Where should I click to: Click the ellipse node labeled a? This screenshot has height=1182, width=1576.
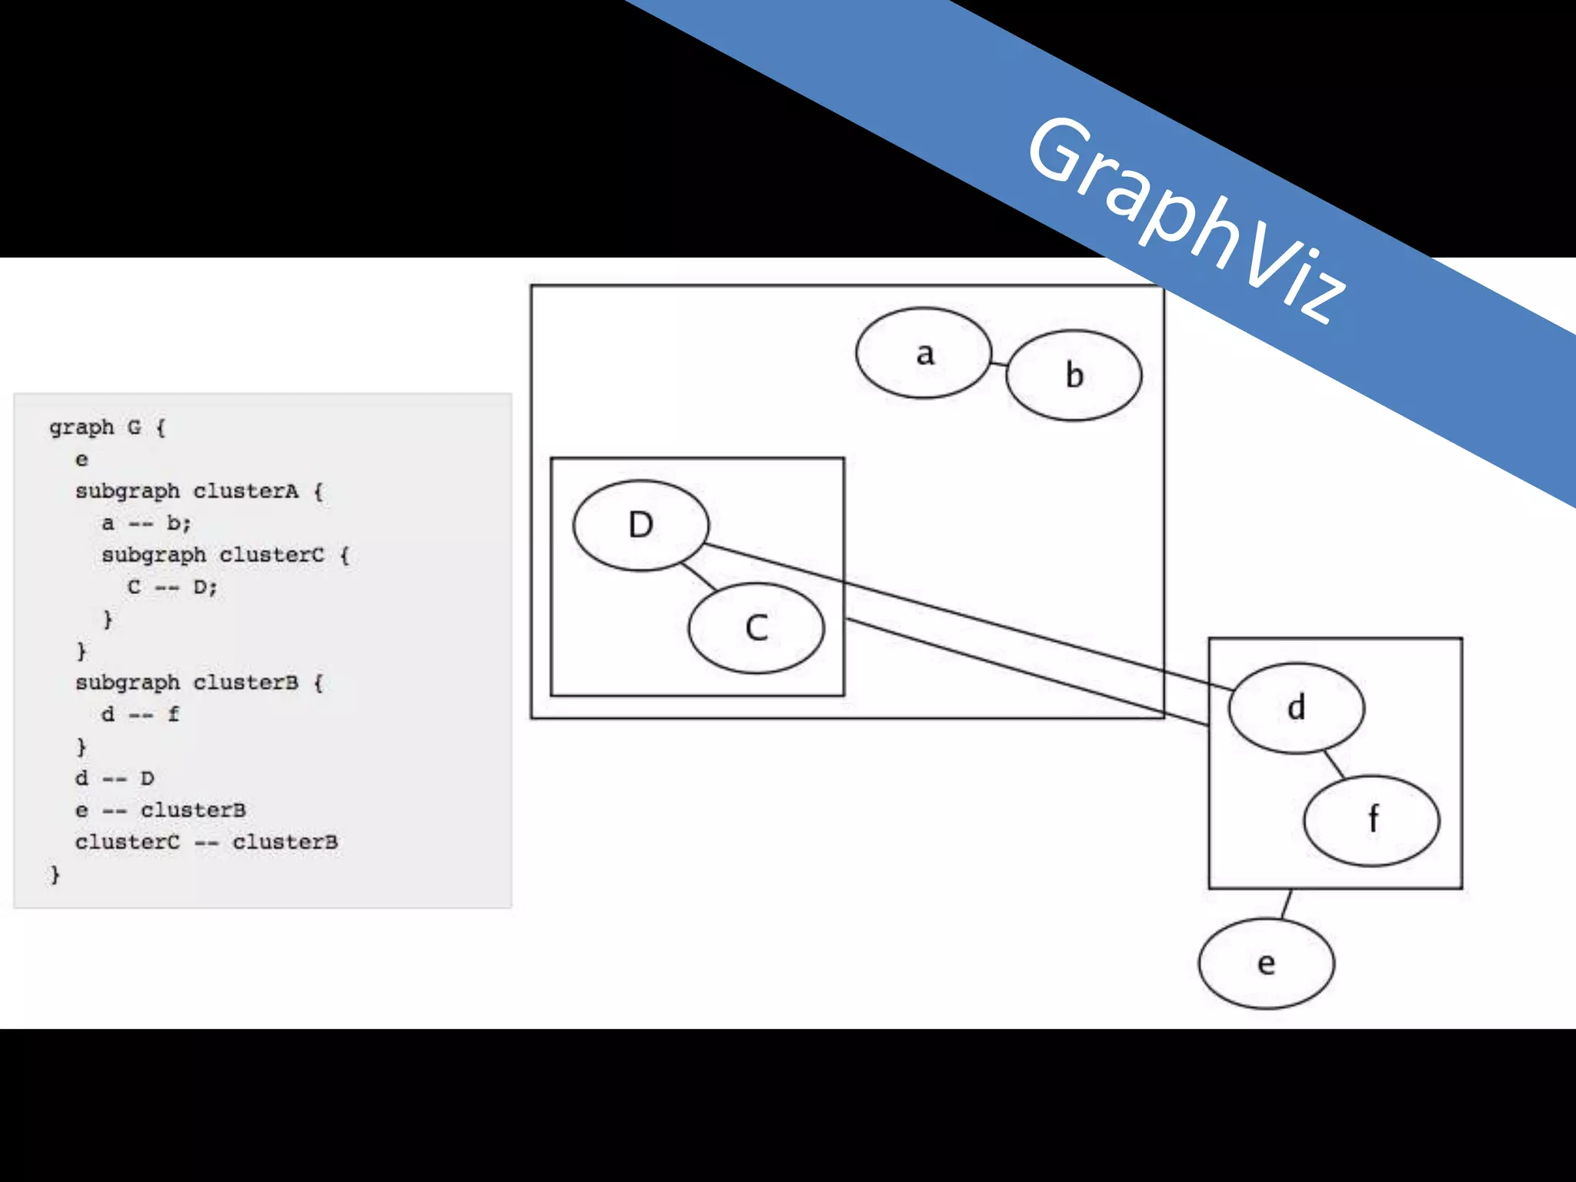[x=923, y=353]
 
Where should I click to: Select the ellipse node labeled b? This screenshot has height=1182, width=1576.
[x=1073, y=376]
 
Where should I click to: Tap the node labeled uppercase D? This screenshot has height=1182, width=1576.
[x=640, y=525]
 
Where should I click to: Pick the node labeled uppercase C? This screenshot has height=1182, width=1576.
[x=756, y=628]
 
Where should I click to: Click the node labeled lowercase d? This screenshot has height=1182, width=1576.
[x=1296, y=707]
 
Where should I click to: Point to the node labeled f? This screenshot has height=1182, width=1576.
[x=1371, y=820]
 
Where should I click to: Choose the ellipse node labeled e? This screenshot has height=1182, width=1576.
[x=1266, y=963]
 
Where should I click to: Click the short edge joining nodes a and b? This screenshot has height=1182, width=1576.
[x=999, y=363]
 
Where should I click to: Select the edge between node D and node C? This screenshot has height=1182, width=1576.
[x=699, y=577]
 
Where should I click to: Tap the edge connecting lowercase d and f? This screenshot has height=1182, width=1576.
[x=1334, y=764]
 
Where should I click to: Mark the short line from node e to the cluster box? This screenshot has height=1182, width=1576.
[x=1287, y=903]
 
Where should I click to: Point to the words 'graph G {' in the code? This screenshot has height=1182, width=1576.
[x=107, y=427]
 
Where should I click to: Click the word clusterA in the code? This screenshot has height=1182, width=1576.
[x=245, y=491]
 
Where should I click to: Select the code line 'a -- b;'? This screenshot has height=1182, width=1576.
[x=146, y=523]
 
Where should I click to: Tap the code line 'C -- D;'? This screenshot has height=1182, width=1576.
[x=172, y=587]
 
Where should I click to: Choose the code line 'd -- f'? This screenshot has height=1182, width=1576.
[x=140, y=714]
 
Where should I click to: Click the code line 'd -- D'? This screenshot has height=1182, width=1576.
[x=115, y=778]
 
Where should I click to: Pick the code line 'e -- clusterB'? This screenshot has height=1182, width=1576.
[x=160, y=810]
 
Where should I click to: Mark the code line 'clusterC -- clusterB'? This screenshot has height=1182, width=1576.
[x=206, y=843]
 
